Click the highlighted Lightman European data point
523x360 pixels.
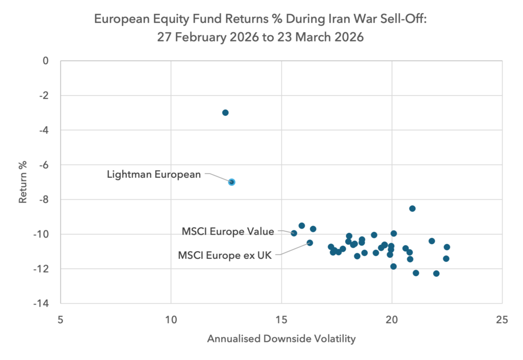point(232,182)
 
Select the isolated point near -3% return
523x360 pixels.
point(225,113)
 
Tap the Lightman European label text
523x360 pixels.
point(154,174)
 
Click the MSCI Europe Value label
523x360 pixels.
point(228,231)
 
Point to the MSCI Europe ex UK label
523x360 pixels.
point(225,255)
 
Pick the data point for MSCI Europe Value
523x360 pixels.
point(294,233)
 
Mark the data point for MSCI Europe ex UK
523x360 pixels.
point(310,243)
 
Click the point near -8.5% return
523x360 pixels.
point(412,209)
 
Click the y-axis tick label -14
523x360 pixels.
point(41,303)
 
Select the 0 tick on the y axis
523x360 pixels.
point(45,61)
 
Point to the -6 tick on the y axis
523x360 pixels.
point(44,164)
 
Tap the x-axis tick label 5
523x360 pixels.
point(60,320)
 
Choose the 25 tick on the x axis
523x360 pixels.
point(502,320)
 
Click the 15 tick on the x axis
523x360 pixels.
point(281,320)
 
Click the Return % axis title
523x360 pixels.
point(22,182)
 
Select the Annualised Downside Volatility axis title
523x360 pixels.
point(281,339)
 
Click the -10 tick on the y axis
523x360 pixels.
point(41,234)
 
